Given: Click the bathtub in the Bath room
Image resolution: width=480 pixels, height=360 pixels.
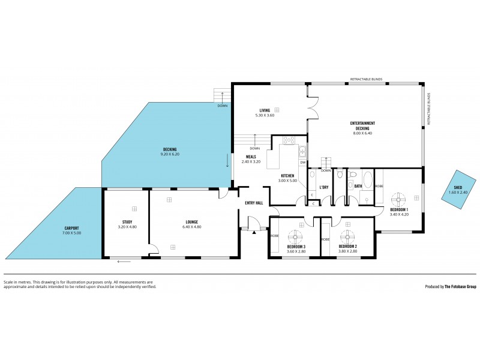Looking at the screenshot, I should (x=368, y=179).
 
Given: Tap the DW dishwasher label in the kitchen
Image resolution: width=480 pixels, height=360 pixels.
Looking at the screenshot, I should (x=303, y=163).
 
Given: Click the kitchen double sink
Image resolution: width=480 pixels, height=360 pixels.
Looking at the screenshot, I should (x=303, y=151).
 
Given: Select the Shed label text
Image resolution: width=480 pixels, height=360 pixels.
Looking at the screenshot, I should (x=457, y=188).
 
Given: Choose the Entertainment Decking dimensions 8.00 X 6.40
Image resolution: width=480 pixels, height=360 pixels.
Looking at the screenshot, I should (x=362, y=133).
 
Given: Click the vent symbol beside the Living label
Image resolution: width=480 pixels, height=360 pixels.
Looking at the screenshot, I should (x=277, y=110).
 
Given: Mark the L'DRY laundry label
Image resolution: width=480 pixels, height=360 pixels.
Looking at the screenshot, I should (x=323, y=187).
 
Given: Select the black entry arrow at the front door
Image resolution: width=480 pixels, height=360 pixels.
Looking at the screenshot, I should (x=254, y=232).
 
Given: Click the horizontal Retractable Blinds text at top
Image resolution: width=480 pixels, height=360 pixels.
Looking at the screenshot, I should (x=366, y=79).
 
